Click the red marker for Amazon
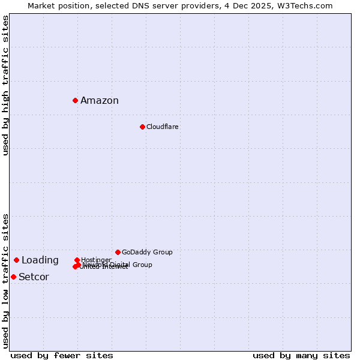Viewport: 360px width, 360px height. coord(75,100)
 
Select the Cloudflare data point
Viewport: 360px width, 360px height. coord(142,127)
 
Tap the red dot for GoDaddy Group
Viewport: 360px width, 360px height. coord(118,252)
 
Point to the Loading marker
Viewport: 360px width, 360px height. coord(16,260)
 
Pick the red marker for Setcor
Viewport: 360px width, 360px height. coord(13,277)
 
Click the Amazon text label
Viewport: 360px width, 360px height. coord(100,101)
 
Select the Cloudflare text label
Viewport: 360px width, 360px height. coord(163,127)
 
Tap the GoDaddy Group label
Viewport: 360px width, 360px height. coord(147,252)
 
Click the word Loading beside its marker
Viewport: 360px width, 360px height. coord(40,260)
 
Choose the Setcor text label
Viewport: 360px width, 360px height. coord(34,277)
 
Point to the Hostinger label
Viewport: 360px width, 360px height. coord(96,260)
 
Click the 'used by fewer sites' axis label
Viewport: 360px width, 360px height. coord(62,355)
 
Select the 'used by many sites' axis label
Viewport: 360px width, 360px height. coord(301,355)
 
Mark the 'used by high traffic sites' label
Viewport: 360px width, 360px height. coord(6,85)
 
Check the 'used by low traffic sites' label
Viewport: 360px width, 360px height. coord(6,281)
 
